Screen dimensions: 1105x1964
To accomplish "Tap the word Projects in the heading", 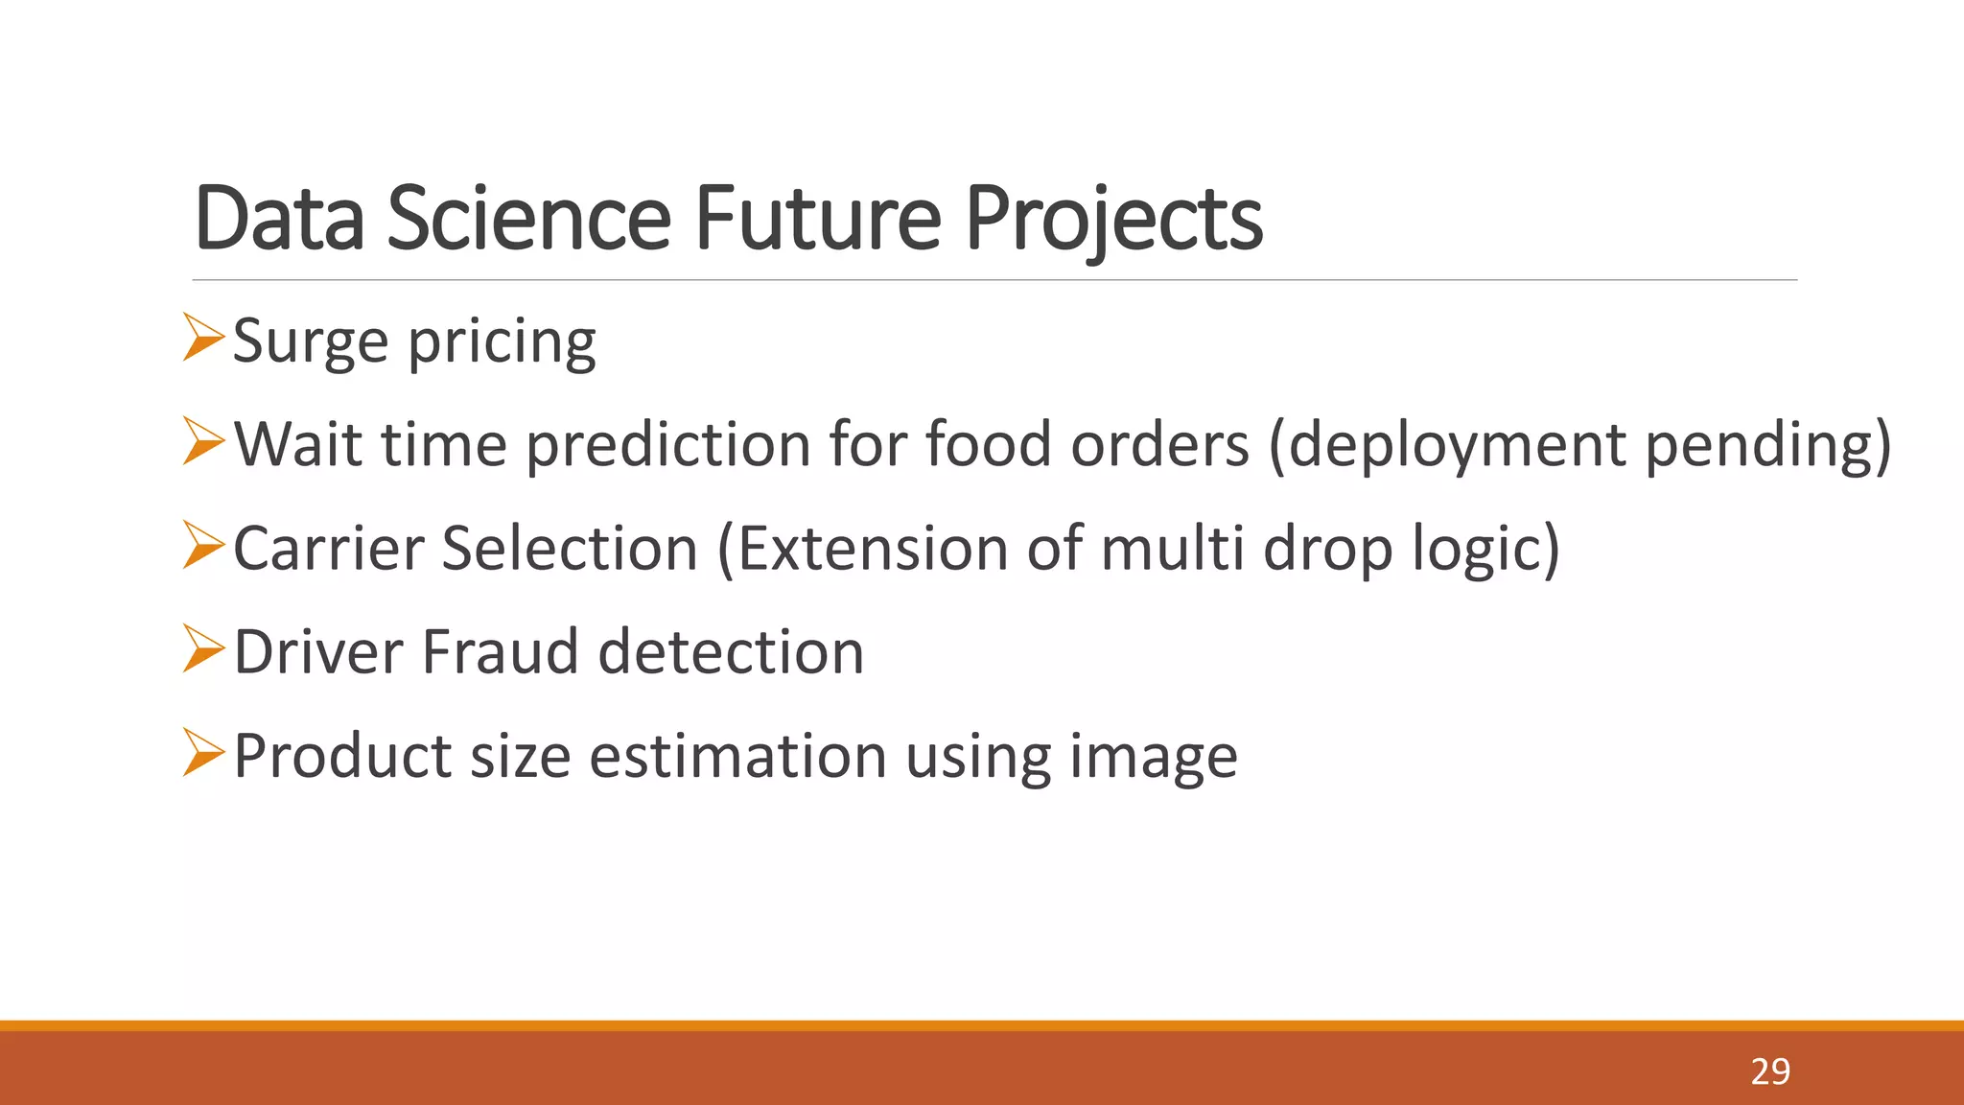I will (x=1113, y=221).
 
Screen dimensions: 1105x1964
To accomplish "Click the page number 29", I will (x=1769, y=1071).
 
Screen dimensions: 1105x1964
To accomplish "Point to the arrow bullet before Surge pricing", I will (x=202, y=338).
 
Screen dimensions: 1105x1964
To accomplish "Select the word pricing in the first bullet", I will (x=502, y=344).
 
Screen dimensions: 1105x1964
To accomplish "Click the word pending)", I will (x=1767, y=446).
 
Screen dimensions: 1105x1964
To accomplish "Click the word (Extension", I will (x=862, y=549).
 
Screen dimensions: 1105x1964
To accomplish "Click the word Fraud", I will (x=501, y=652).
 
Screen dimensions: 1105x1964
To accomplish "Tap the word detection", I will (x=731, y=652).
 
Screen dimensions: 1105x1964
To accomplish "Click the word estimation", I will (x=737, y=756).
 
